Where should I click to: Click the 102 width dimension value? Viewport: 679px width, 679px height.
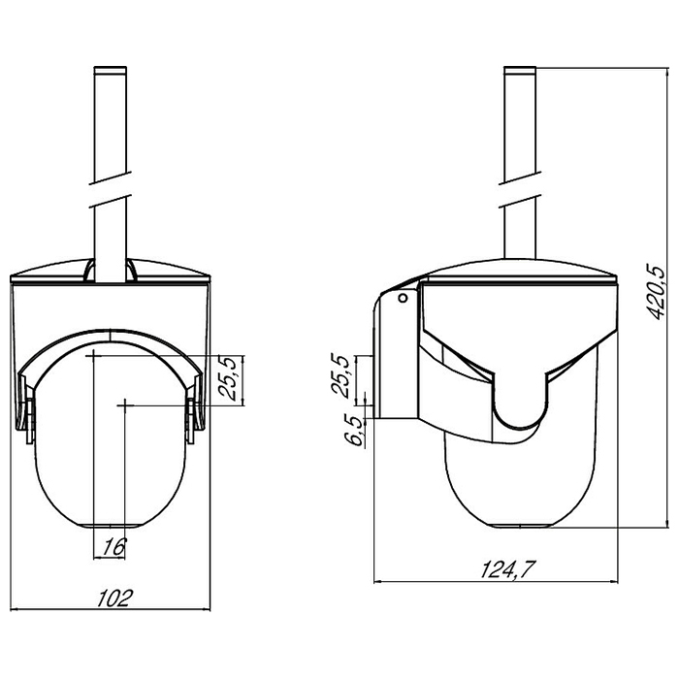(x=113, y=598)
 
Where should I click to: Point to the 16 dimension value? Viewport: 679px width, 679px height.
(x=113, y=547)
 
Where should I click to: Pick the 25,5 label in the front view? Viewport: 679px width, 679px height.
(x=229, y=377)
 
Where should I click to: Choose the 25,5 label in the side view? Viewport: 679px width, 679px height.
(x=340, y=376)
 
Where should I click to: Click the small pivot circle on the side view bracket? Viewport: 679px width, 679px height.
(x=403, y=298)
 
